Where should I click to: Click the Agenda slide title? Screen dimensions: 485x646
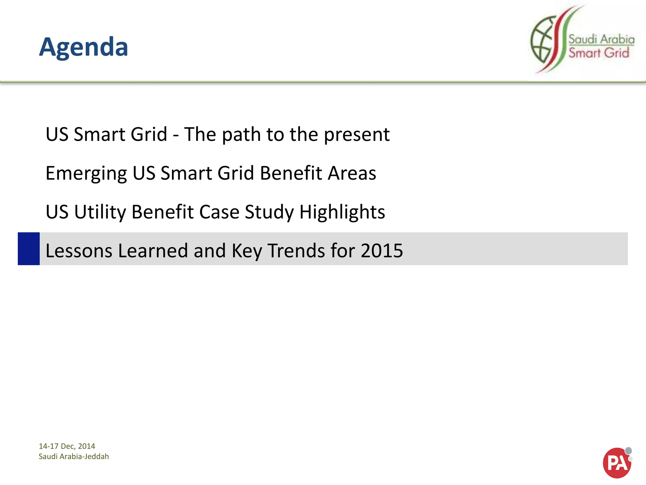[84, 47]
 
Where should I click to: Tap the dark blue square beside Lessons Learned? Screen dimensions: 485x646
[29, 249]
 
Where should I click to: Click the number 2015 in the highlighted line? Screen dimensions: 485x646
[382, 251]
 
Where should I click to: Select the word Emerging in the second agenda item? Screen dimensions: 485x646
[86, 174]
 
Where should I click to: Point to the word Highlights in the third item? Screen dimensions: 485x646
[342, 212]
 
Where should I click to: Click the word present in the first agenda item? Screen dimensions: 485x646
[357, 135]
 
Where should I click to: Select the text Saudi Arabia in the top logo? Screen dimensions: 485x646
[601, 39]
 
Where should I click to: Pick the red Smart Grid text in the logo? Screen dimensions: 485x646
[598, 53]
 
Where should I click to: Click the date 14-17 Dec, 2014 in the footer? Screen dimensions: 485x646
[67, 446]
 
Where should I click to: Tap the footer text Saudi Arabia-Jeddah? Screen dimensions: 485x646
[74, 457]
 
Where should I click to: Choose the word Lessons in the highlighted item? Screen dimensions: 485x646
[79, 251]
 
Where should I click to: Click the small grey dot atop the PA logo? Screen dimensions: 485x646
[628, 451]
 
